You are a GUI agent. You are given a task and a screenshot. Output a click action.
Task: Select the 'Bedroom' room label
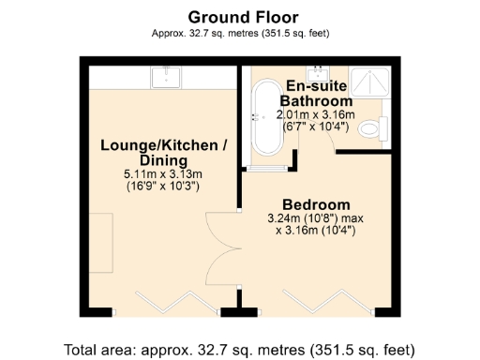point(317,204)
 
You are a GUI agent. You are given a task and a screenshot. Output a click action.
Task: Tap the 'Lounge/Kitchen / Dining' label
point(163,152)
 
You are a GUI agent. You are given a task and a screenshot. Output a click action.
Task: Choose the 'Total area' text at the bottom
point(239,350)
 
